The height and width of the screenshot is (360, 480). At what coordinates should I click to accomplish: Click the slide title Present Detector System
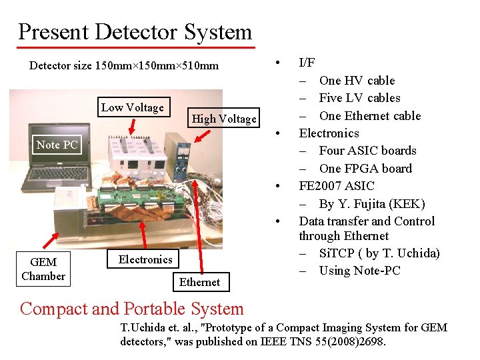135,32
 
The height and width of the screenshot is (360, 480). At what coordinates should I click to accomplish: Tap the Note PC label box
57,145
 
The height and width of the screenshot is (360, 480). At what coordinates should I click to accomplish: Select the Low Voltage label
133,107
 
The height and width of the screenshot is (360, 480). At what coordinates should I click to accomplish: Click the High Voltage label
224,119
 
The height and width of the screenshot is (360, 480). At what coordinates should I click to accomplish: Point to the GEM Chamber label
43,269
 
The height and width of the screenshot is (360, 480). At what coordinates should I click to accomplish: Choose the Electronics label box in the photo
145,259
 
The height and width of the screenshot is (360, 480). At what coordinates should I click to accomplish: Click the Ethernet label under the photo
199,282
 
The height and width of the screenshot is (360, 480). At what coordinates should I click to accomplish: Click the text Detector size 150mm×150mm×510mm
124,66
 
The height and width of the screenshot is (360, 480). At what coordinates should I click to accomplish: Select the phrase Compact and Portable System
132,309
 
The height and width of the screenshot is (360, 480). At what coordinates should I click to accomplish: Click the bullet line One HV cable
357,81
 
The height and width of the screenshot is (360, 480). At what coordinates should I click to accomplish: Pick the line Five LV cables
359,98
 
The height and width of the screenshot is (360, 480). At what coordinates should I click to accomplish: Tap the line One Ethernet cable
369,116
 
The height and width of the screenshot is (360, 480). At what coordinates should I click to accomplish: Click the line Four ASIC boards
367,151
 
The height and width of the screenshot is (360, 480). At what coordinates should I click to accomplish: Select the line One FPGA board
365,169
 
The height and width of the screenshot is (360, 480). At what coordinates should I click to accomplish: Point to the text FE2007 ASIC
337,186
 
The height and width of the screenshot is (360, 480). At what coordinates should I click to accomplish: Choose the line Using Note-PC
359,270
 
